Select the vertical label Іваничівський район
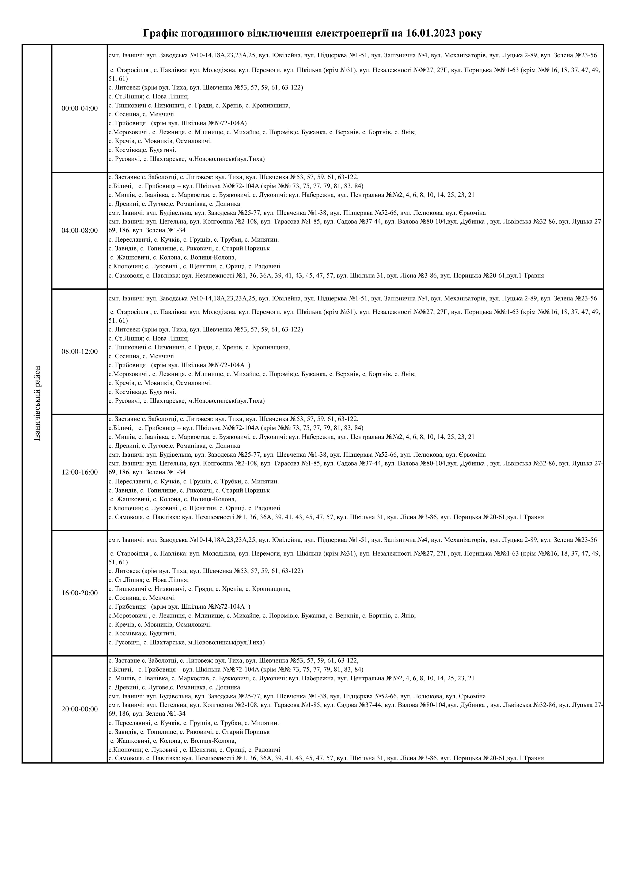click(x=37, y=403)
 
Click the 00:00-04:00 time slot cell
click(x=79, y=109)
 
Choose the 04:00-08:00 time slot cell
click(x=79, y=231)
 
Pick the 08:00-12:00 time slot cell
click(x=79, y=352)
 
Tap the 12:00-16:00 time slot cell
click(x=79, y=472)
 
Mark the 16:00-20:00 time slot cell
click(x=79, y=593)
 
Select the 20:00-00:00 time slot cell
click(x=79, y=709)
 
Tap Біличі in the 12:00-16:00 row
click(x=122, y=428)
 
